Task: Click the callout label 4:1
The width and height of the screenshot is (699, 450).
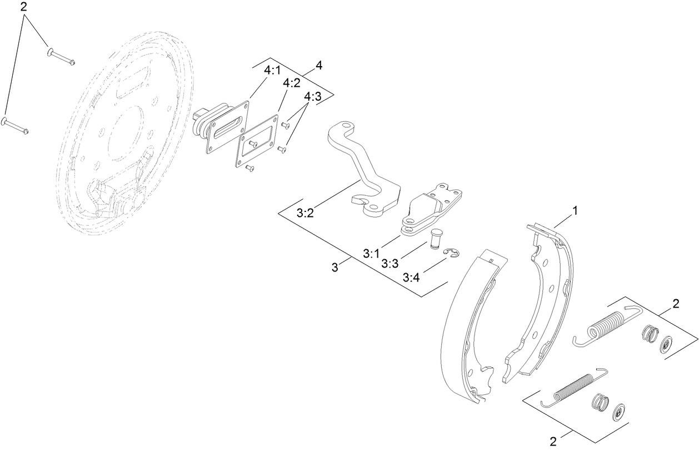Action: [272, 72]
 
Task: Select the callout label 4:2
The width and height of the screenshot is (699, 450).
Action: [292, 83]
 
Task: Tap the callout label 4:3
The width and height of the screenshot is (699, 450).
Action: [313, 96]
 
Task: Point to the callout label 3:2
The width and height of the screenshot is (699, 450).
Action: [305, 212]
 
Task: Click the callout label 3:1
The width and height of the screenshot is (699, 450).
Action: [371, 254]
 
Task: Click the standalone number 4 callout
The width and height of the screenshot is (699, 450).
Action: [318, 65]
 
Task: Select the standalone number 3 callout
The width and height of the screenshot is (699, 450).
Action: [334, 268]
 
